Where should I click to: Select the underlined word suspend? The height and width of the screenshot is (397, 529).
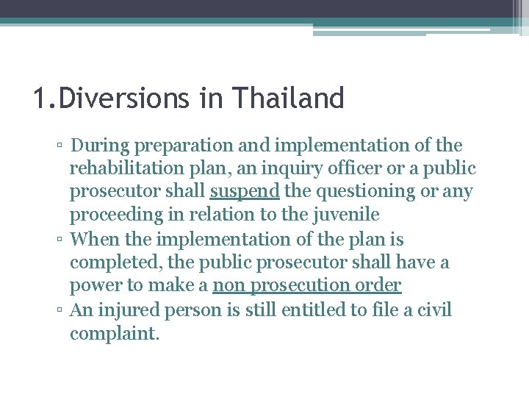244,191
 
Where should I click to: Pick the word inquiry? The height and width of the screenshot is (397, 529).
285,168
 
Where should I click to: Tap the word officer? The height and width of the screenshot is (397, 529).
353,168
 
